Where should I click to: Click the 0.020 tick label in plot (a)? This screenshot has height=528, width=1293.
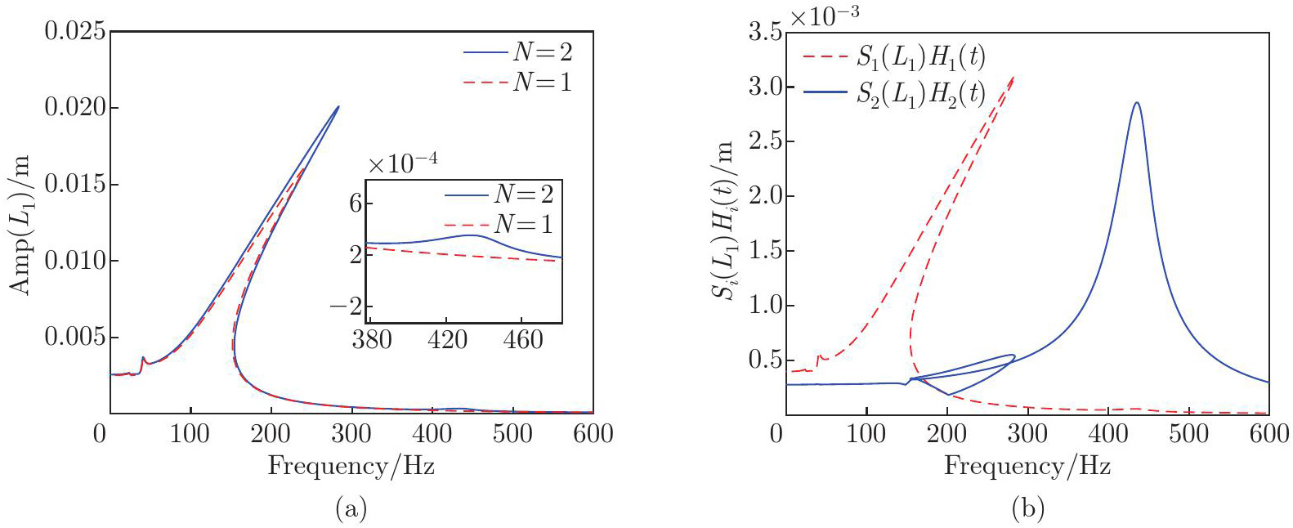pos(75,107)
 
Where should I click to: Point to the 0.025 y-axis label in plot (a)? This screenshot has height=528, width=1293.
pos(75,31)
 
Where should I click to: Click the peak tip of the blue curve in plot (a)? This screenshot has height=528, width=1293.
pos(338,106)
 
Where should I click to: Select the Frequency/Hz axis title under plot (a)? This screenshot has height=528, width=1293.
pos(351,466)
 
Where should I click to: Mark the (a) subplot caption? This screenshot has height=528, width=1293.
pos(351,509)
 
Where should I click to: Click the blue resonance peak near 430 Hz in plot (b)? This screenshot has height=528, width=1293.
pos(1136,103)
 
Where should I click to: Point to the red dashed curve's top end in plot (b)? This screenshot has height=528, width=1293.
pos(1013,77)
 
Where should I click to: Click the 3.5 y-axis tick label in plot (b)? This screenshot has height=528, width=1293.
pos(764,32)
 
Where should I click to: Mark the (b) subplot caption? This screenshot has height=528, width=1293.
pos(1027,509)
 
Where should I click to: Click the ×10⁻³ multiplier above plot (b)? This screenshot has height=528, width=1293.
pos(824,16)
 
